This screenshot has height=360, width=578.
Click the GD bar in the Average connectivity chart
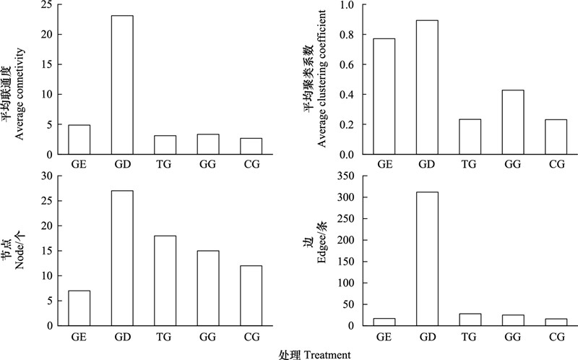point(122,85)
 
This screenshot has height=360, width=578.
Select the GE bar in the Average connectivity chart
point(79,140)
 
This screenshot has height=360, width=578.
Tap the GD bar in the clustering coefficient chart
point(427,87)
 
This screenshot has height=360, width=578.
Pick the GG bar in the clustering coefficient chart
point(513,122)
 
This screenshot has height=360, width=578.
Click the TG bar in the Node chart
point(165,280)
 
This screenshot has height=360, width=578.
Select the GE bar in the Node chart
point(79,308)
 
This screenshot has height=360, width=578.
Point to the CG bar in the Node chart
point(251,296)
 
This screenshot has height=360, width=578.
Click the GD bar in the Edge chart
point(427,259)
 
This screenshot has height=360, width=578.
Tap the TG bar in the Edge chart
point(470,320)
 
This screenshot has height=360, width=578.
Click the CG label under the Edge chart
point(556,336)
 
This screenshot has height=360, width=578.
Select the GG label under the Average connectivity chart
point(208,164)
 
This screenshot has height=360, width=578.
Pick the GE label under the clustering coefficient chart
point(384,164)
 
